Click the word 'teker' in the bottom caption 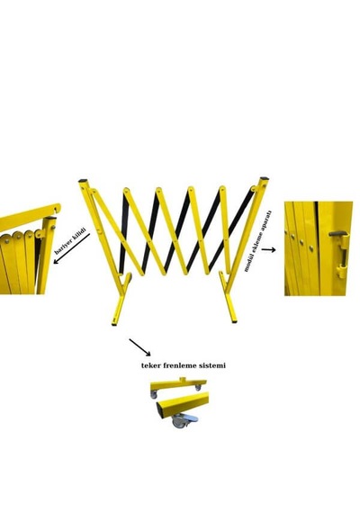click(151, 365)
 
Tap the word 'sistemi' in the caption click(213, 365)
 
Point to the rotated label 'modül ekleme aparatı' click(257, 241)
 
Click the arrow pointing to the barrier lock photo click(71, 248)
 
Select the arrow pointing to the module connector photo click(268, 250)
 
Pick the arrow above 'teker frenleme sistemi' click(139, 347)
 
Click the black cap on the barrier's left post click(83, 181)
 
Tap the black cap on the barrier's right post click(264, 178)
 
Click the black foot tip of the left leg click(113, 325)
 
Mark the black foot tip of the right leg click(234, 322)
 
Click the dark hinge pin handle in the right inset click(338, 234)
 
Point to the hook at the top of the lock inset click(58, 207)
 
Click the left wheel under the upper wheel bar click(154, 395)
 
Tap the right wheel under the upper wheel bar click(198, 387)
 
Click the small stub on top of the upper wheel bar click(183, 379)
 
